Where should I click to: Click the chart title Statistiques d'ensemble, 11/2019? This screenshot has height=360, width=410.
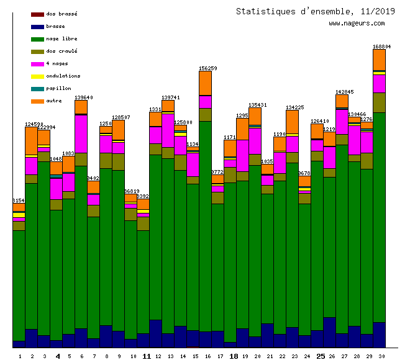point(315,11)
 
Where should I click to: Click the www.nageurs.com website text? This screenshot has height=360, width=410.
point(357,24)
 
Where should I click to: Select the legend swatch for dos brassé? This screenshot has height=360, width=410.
point(37,14)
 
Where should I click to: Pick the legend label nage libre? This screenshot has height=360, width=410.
point(61,38)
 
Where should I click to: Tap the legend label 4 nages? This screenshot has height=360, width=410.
point(57,63)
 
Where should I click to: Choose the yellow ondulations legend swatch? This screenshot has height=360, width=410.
point(37,76)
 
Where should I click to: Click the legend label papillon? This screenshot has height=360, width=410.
point(58,88)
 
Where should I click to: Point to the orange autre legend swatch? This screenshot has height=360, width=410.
point(37,101)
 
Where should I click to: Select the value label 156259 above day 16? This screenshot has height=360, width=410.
point(207,68)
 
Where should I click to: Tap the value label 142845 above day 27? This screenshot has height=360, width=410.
point(344,92)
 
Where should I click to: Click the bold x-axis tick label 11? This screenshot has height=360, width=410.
point(147,356)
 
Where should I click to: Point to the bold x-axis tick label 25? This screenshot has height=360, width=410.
point(321,356)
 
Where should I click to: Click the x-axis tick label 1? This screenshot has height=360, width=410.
point(20,356)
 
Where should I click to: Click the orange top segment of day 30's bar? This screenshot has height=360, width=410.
point(379,60)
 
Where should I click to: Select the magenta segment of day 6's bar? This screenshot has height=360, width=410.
point(81,133)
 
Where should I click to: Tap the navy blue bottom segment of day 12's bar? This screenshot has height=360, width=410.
point(155,333)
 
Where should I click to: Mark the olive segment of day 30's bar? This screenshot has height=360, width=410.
point(379,102)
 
